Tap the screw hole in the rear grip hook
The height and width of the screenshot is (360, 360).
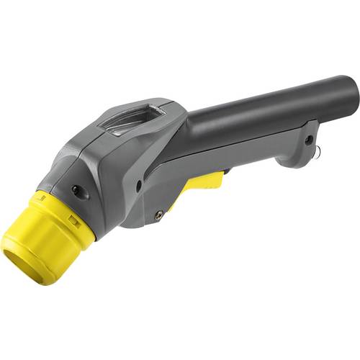[x=307, y=138]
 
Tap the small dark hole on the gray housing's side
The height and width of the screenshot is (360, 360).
[x=138, y=186]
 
